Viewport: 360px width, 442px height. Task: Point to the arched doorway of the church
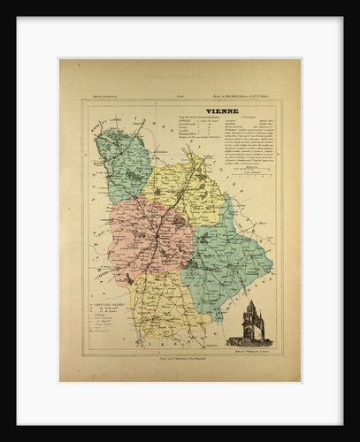[x=250, y=335]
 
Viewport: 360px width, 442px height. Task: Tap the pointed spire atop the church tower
[x=250, y=304]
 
